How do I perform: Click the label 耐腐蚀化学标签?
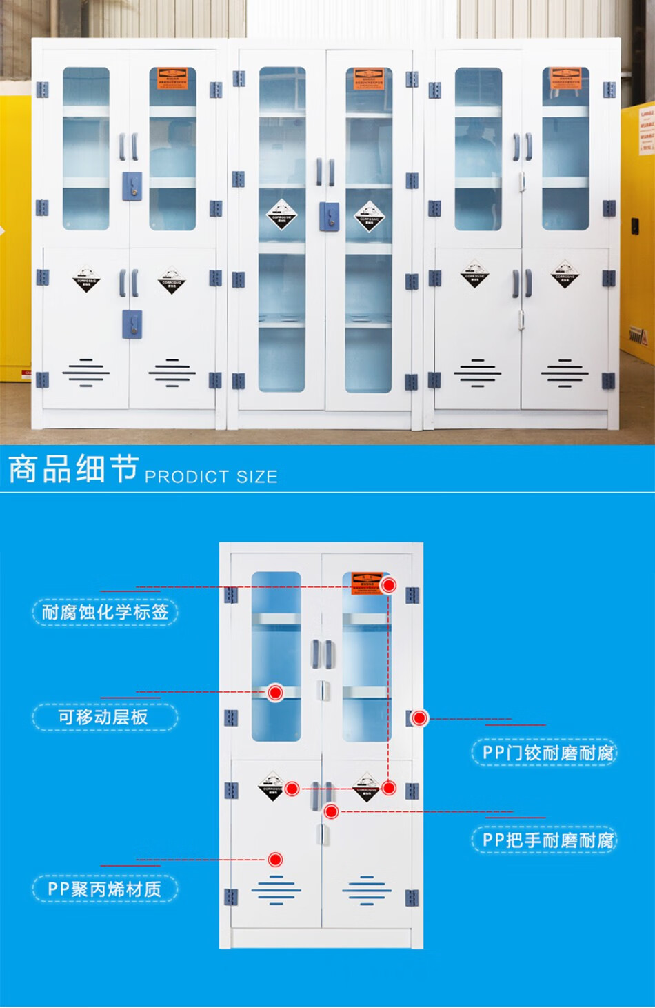105,612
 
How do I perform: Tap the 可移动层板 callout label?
103,717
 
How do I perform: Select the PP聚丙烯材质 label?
104,889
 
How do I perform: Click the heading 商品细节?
73,469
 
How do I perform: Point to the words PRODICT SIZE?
211,477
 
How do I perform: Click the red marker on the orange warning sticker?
389,585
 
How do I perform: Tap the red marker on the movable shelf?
275,692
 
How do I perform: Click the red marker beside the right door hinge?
419,718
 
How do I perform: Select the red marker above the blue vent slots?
275,859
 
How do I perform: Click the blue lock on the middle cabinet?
329,216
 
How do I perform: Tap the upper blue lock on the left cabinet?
132,186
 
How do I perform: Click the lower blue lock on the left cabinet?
132,324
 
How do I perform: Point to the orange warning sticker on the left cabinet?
172,78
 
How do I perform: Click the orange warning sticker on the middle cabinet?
369,79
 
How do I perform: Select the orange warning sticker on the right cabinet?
565,78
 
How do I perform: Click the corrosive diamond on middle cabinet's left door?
281,216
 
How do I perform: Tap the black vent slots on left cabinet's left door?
86,373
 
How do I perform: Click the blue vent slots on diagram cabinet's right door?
367,891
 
